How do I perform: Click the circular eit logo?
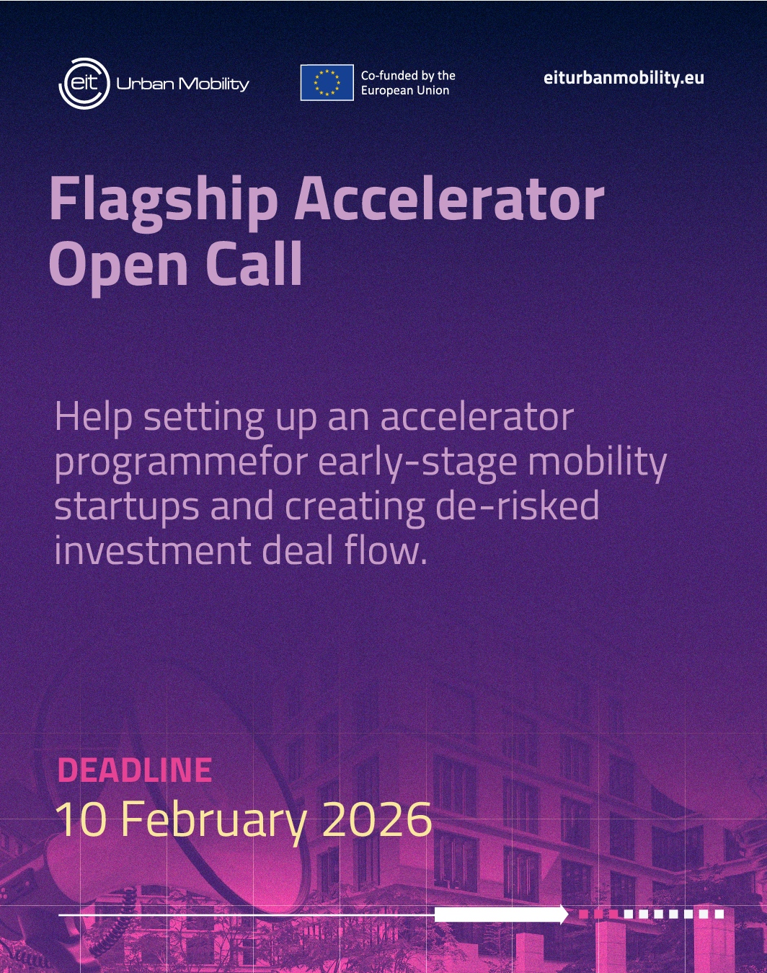84,84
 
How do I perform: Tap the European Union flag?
327,82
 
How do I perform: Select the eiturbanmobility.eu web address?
624,78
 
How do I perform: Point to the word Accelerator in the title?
449,199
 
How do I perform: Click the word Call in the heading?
254,263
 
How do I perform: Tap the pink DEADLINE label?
135,770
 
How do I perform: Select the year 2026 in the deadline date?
377,819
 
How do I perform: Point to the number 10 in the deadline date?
81,819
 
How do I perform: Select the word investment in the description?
153,551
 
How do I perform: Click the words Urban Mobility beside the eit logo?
182,84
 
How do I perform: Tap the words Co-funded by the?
408,76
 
